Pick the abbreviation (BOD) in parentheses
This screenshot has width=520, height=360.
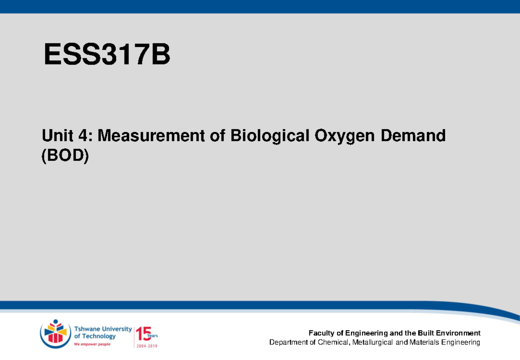[65, 156]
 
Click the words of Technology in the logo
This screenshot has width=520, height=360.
[95, 336]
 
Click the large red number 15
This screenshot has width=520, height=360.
[143, 334]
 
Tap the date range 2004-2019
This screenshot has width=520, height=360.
[146, 346]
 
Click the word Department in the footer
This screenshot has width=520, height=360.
[287, 343]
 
